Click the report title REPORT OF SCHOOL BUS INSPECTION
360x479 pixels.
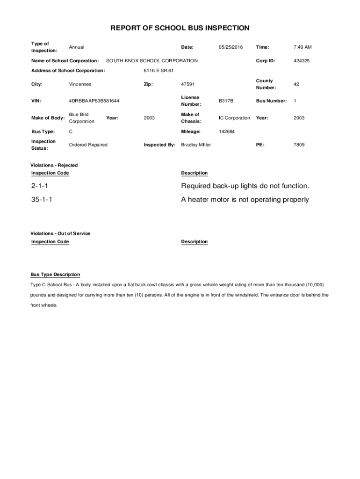pyautogui.click(x=180, y=28)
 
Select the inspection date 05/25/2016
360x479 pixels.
pyautogui.click(x=230, y=47)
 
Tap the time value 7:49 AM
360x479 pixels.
pyautogui.click(x=302, y=47)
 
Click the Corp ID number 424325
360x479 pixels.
pyautogui.click(x=302, y=61)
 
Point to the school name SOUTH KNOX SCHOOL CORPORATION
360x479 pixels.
pyautogui.click(x=152, y=61)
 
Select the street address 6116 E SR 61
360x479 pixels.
pyautogui.click(x=158, y=71)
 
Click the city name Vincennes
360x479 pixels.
pyautogui.click(x=80, y=84)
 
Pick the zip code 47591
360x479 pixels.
pyautogui.click(x=188, y=84)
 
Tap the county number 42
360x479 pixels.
pyautogui.click(x=296, y=84)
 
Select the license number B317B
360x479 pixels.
pyautogui.click(x=226, y=101)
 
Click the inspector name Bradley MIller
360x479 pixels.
pyautogui.click(x=196, y=145)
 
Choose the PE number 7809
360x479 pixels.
pyautogui.click(x=299, y=145)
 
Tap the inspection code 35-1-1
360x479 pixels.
pyautogui.click(x=42, y=200)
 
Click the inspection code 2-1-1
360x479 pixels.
pyautogui.click(x=40, y=186)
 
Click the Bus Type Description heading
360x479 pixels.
pyautogui.click(x=55, y=275)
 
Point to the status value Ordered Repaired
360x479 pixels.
pyautogui.click(x=88, y=145)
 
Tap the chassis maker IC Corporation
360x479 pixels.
pyautogui.click(x=234, y=118)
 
